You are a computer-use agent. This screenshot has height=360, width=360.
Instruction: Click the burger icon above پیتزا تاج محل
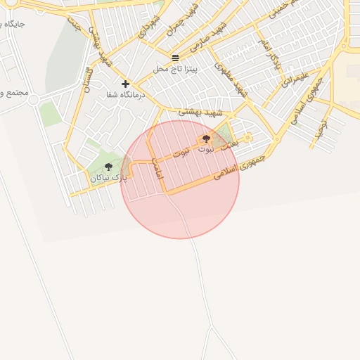coord(175,57)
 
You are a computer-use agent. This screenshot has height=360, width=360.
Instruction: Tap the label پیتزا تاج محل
coord(176,69)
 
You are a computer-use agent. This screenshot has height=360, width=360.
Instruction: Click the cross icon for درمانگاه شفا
coord(125,84)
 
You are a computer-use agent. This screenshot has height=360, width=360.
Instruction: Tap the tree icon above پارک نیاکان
coord(108,167)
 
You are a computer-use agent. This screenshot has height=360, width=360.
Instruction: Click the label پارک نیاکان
coord(109,178)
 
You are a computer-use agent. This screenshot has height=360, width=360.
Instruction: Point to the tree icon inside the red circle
coord(206,139)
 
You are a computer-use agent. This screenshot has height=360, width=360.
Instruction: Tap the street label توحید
coord(320,128)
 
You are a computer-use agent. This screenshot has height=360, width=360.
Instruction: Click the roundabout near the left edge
coord(33,99)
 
